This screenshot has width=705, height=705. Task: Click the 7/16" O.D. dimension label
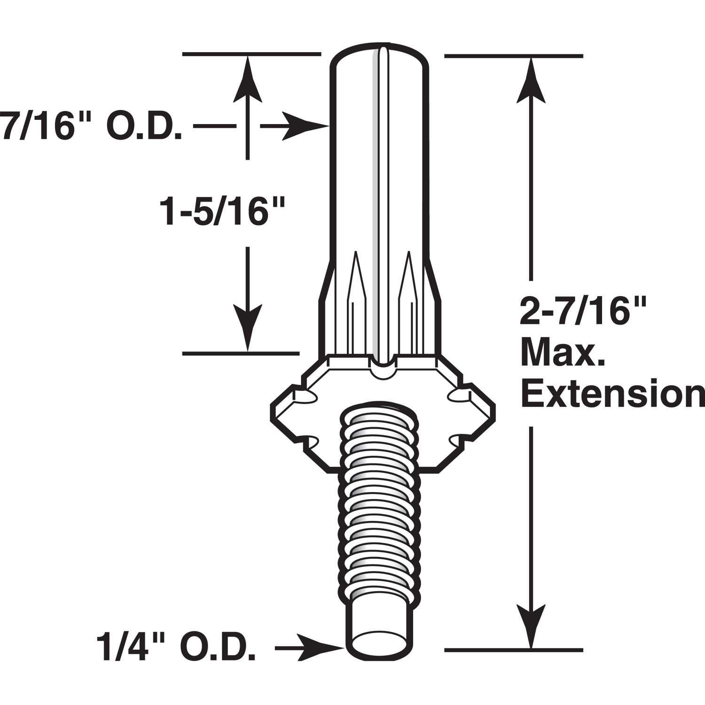click(92, 126)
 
